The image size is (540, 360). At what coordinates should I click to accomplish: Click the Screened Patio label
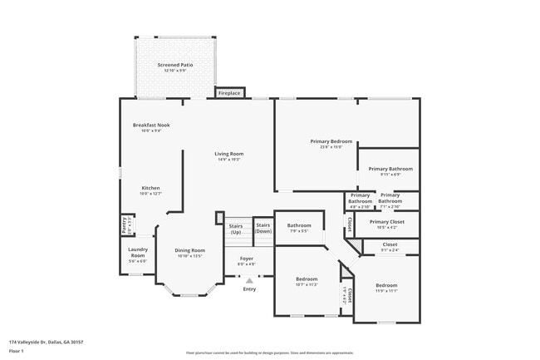[x=174, y=65]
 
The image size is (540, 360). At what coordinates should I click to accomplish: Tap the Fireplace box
[x=229, y=93]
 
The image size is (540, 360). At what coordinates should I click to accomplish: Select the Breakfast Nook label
[x=151, y=127]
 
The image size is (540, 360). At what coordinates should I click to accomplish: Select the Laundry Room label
[x=137, y=254]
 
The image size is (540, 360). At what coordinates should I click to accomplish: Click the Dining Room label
[x=189, y=252]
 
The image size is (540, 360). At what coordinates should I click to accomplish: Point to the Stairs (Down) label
[x=263, y=227]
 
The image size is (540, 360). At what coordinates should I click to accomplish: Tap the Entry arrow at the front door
[x=249, y=280]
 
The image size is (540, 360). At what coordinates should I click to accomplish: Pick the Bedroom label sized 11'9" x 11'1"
[x=386, y=287]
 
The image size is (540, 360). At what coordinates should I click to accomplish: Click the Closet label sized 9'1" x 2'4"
[x=390, y=247]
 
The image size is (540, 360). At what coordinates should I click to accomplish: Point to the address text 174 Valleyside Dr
[x=46, y=342]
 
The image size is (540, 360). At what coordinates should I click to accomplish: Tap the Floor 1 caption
[x=17, y=351]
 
